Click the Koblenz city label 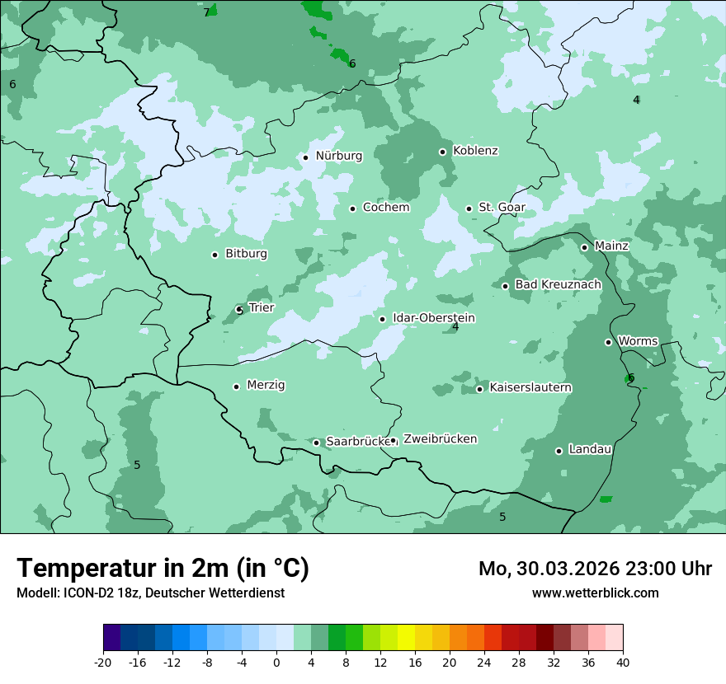coord(475,151)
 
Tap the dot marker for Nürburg coord(305,157)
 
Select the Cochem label coord(386,208)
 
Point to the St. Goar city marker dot coord(469,208)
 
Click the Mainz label coord(611,246)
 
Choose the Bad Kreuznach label coord(558,285)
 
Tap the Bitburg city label coord(246,254)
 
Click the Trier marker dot coord(239,310)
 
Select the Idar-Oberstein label coord(434,318)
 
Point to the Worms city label coord(638,341)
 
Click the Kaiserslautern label coord(530,388)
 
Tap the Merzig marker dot coord(236,387)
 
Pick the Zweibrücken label coord(440,439)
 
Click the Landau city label coord(590,450)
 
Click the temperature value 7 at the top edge coord(206,12)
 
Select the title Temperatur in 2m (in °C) coord(163,569)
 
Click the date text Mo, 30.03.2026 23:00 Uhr coord(595,569)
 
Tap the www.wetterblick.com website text coord(595,593)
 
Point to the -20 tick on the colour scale coord(103,663)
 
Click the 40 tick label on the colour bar coord(622,663)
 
